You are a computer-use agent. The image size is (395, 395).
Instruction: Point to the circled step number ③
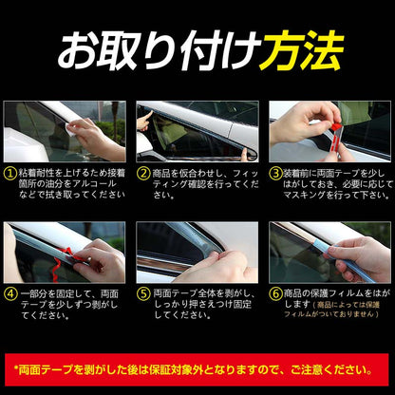coord(275,174)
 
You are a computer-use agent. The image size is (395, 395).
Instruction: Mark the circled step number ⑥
coord(275,295)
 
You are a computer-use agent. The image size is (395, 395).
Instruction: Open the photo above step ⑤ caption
coord(197,252)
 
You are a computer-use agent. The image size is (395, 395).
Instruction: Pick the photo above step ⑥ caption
coord(329,252)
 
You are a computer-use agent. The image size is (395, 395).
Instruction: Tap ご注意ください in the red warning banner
coord(329,367)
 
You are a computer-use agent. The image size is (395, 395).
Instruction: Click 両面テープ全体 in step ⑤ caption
coord(186,295)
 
